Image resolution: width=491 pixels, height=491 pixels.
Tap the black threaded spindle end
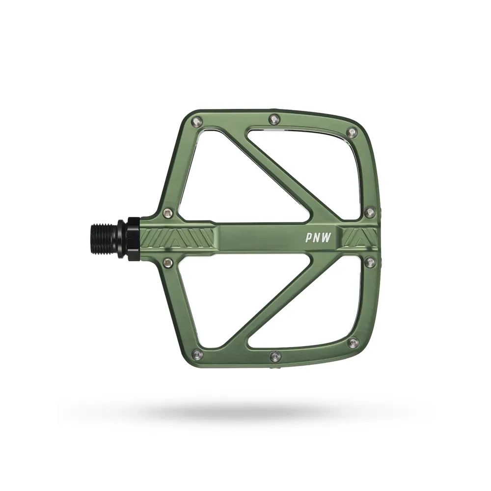[104, 238]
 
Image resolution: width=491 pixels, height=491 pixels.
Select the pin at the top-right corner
[352, 132]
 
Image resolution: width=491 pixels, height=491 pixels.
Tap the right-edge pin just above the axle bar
[371, 212]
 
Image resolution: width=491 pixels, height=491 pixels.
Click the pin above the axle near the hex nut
[168, 213]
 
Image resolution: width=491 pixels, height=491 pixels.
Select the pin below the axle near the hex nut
[168, 263]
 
